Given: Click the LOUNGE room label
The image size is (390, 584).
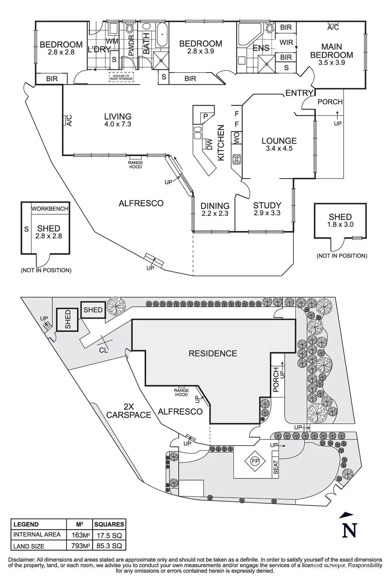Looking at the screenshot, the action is click(x=279, y=141).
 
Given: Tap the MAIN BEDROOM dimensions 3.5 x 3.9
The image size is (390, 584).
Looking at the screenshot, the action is click(x=332, y=62).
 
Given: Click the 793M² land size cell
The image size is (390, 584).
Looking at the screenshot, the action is click(x=80, y=545).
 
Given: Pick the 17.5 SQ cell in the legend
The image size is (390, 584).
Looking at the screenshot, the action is click(x=109, y=535).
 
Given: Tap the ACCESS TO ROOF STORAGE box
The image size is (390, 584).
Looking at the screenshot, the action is click(x=121, y=77).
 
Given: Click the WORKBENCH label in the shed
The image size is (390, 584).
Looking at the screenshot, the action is click(x=50, y=208).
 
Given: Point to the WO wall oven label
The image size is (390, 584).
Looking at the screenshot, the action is click(x=236, y=137).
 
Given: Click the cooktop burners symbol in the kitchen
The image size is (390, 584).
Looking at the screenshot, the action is click(x=237, y=159).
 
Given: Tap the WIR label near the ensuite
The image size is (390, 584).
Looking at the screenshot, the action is click(x=286, y=42).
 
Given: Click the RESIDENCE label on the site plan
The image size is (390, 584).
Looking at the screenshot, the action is click(x=213, y=354).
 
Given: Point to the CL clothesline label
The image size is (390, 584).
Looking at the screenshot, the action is click(x=103, y=350).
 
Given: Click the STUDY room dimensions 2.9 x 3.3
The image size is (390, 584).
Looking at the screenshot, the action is click(x=267, y=213).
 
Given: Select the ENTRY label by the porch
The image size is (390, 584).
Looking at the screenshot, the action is click(x=299, y=93).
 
